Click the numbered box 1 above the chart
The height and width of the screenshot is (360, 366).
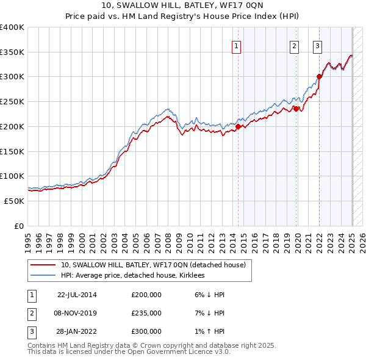[x=236, y=45]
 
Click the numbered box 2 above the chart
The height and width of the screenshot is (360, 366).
[x=294, y=45]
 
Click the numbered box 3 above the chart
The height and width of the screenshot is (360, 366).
[x=318, y=45]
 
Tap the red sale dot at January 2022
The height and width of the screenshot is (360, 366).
[x=319, y=76]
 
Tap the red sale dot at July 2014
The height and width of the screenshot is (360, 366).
[x=238, y=126]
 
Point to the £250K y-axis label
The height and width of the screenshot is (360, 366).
[x=12, y=101]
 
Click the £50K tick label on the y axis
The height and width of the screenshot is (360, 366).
[x=15, y=201]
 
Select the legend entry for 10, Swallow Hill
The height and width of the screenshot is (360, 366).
[x=153, y=265]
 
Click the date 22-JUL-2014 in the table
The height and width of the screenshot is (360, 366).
[x=76, y=295]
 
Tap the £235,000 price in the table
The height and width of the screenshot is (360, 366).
[x=146, y=313]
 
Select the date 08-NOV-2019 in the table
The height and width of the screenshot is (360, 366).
[x=76, y=313]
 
